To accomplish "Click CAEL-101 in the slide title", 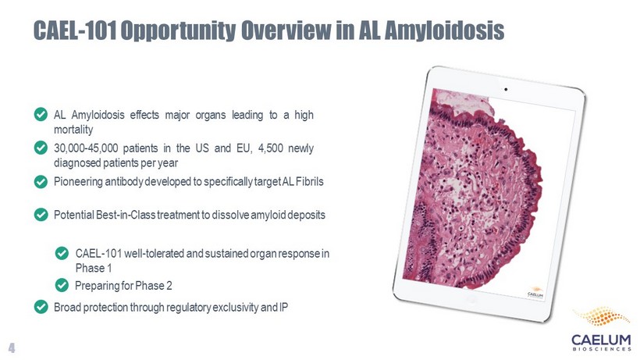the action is [75, 30].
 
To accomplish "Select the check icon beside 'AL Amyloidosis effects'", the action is [41, 114].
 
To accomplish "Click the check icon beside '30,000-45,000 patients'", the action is [41, 148].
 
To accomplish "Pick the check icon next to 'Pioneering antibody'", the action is [41, 181].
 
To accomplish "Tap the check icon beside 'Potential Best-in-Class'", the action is [41, 214].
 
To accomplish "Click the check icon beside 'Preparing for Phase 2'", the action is [62, 285].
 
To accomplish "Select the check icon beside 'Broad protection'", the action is [41, 307].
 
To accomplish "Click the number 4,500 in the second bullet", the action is [271, 148].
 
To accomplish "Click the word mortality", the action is [73, 130].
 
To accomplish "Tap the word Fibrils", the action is [309, 181].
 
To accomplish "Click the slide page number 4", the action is [12, 348].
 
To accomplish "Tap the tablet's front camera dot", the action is [506, 89].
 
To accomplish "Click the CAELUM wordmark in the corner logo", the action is [601, 340].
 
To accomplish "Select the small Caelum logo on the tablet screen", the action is [535, 292].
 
